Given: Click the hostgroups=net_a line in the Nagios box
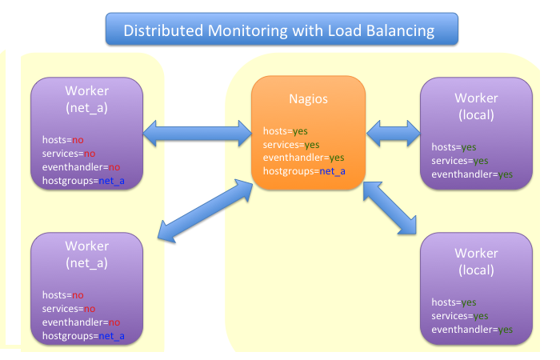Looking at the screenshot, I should pos(304,171).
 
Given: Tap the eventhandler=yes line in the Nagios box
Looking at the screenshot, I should pos(304,158).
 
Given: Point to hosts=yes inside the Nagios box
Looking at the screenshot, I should pos(286,130).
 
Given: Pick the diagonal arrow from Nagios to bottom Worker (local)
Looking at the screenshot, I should pos(392,210).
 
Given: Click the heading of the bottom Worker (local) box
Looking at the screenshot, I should pos(476,262).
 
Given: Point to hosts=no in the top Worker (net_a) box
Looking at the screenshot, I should pos(63,140).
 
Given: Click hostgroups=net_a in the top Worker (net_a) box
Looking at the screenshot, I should pos(83,181).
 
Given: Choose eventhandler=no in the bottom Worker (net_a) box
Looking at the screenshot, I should pos(81,322).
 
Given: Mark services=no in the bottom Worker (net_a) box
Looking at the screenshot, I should pos(69,309).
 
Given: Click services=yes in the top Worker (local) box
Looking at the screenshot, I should pos(460,160).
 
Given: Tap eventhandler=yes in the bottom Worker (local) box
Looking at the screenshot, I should pos(472,329).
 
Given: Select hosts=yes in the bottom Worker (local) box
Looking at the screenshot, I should pos(454,302).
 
